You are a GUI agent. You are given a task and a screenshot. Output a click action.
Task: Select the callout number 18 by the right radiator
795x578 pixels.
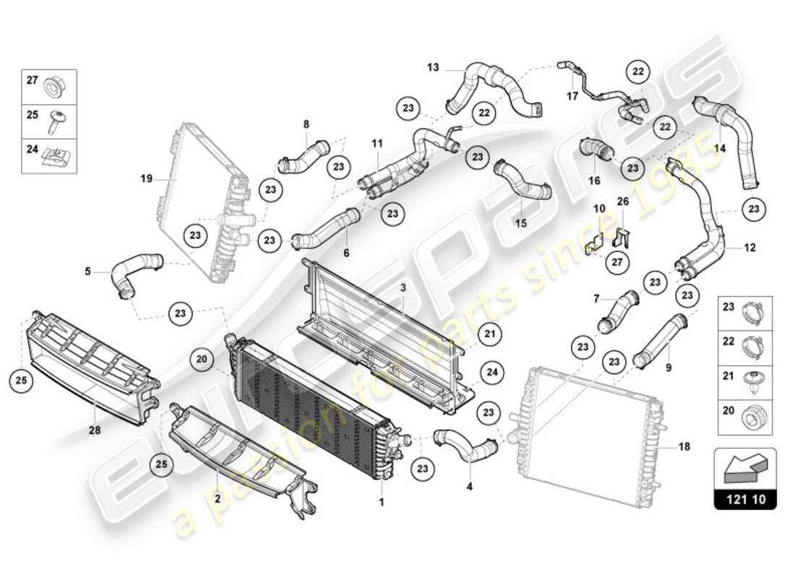[684, 447]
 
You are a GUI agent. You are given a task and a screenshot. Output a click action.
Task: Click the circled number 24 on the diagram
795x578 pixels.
[491, 374]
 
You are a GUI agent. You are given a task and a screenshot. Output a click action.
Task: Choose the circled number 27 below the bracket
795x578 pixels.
[616, 263]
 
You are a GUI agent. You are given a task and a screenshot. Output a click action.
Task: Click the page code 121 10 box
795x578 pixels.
[745, 499]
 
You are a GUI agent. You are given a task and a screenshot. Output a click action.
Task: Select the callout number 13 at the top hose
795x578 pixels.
[433, 68]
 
